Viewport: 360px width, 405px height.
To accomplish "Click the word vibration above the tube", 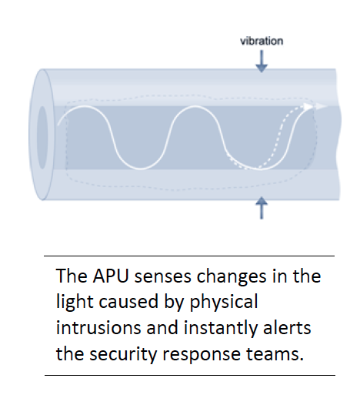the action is (262, 41).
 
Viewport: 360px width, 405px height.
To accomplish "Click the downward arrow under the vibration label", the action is (262, 62).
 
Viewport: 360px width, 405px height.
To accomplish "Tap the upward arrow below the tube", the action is (262, 208).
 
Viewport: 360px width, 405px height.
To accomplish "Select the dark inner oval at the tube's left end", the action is (42, 138).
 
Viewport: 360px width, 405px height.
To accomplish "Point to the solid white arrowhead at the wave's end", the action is (308, 107).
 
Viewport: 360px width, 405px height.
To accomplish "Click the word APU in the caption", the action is (111, 276).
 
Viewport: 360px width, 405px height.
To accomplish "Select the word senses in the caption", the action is (162, 276).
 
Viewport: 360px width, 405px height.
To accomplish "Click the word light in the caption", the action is (75, 302).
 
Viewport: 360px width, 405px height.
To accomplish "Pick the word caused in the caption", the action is (128, 302).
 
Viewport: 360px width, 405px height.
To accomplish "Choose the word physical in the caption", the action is (224, 303).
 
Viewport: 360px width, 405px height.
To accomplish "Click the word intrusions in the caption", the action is (98, 327).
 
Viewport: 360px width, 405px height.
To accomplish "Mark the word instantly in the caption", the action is (221, 328).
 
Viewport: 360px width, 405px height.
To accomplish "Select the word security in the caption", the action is (123, 354).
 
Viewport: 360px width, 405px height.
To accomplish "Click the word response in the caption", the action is (202, 355).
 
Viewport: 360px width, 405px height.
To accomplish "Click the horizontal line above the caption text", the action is (189, 256).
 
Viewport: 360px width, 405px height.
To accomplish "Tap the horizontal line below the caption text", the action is (190, 375).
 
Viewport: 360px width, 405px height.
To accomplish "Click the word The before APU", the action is (72, 276).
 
